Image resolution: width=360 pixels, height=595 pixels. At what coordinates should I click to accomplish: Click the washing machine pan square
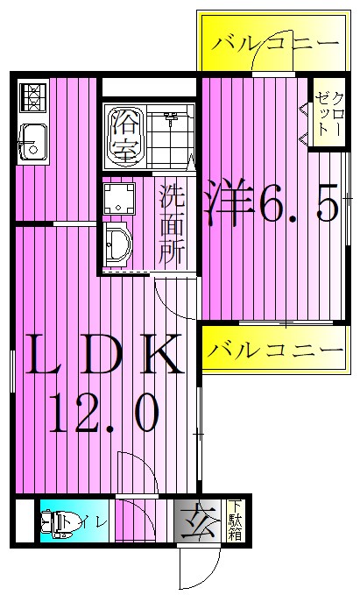point(119,199)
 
